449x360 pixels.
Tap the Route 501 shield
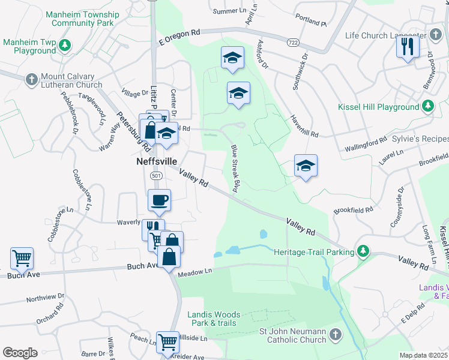point(155,176)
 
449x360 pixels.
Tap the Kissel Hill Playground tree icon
point(427,107)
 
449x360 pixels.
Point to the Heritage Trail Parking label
point(314,252)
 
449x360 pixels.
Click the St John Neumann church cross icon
point(336,334)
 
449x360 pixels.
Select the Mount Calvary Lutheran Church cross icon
point(31,79)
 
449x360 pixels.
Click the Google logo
point(20,353)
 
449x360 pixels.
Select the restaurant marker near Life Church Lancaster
point(408,47)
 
